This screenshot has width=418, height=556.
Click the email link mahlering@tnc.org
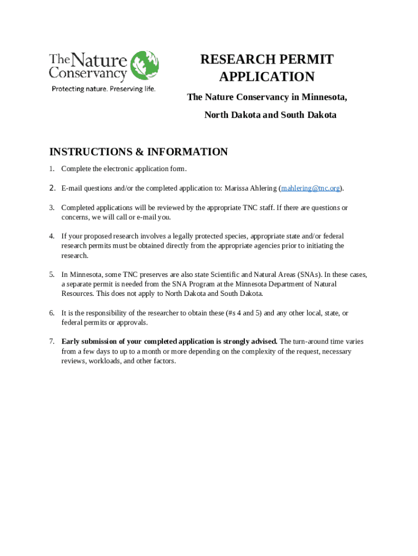tap(311, 188)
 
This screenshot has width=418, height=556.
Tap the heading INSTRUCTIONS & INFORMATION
tap(138, 152)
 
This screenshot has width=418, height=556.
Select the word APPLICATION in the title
tap(267, 77)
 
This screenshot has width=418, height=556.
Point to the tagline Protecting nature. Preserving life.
tap(103, 89)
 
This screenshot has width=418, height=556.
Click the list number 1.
tap(52, 169)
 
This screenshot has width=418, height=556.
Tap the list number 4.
tap(52, 236)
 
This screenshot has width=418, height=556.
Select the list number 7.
tap(52, 342)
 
